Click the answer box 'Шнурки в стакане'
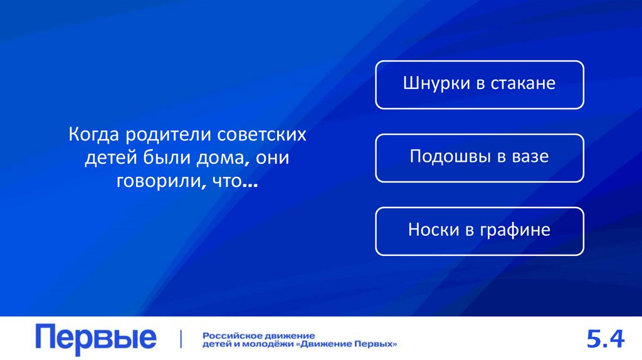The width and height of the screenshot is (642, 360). point(480,84)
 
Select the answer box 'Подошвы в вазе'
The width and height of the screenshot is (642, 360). point(480,157)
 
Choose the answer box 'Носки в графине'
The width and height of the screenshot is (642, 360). point(480,231)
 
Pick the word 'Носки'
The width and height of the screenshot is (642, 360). point(433,230)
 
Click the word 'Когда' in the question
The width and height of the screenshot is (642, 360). point(95,135)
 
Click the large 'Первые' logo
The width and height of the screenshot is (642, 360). point(96,338)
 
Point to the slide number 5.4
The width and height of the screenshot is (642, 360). point(605,339)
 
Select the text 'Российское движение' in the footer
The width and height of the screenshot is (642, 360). point(258,336)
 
